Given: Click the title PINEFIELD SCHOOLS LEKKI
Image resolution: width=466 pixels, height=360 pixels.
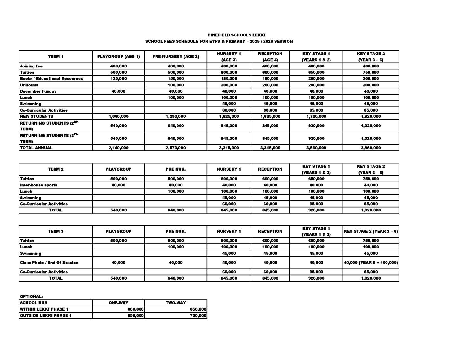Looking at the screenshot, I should (236, 35).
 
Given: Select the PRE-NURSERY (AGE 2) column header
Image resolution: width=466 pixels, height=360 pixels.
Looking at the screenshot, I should (176, 56).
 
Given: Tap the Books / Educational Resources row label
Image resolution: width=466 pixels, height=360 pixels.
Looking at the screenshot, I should (51, 78).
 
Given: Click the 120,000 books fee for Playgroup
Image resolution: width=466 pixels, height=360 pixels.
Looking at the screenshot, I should (118, 78).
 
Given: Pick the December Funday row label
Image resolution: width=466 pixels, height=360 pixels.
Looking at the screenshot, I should (38, 91).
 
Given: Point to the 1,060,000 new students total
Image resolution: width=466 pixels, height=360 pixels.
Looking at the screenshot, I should (118, 116).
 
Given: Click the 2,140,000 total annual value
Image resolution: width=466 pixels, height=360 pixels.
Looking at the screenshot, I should (118, 148).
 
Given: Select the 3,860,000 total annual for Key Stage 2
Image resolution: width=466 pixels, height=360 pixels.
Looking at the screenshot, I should (371, 148).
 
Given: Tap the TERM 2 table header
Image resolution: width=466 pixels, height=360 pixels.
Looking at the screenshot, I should (56, 169).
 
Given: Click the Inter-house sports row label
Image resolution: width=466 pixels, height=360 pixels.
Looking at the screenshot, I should (38, 185).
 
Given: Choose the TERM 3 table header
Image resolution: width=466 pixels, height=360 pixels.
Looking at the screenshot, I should (56, 231).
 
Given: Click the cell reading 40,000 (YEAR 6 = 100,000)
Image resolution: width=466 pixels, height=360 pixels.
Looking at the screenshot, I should (371, 263).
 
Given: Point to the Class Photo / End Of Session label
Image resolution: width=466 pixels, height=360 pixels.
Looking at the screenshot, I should (49, 263).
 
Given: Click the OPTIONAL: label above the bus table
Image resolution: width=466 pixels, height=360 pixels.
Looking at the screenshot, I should (31, 296).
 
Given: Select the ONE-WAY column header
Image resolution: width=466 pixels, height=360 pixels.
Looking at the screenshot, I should (118, 303).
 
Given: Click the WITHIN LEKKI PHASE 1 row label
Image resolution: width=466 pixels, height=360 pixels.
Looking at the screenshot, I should (44, 309).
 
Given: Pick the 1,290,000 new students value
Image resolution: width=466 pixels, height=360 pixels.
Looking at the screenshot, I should (176, 116).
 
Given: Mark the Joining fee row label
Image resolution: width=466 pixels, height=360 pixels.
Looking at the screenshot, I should (31, 66).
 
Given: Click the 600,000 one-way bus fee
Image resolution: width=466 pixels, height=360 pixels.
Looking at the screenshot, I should (136, 309).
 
